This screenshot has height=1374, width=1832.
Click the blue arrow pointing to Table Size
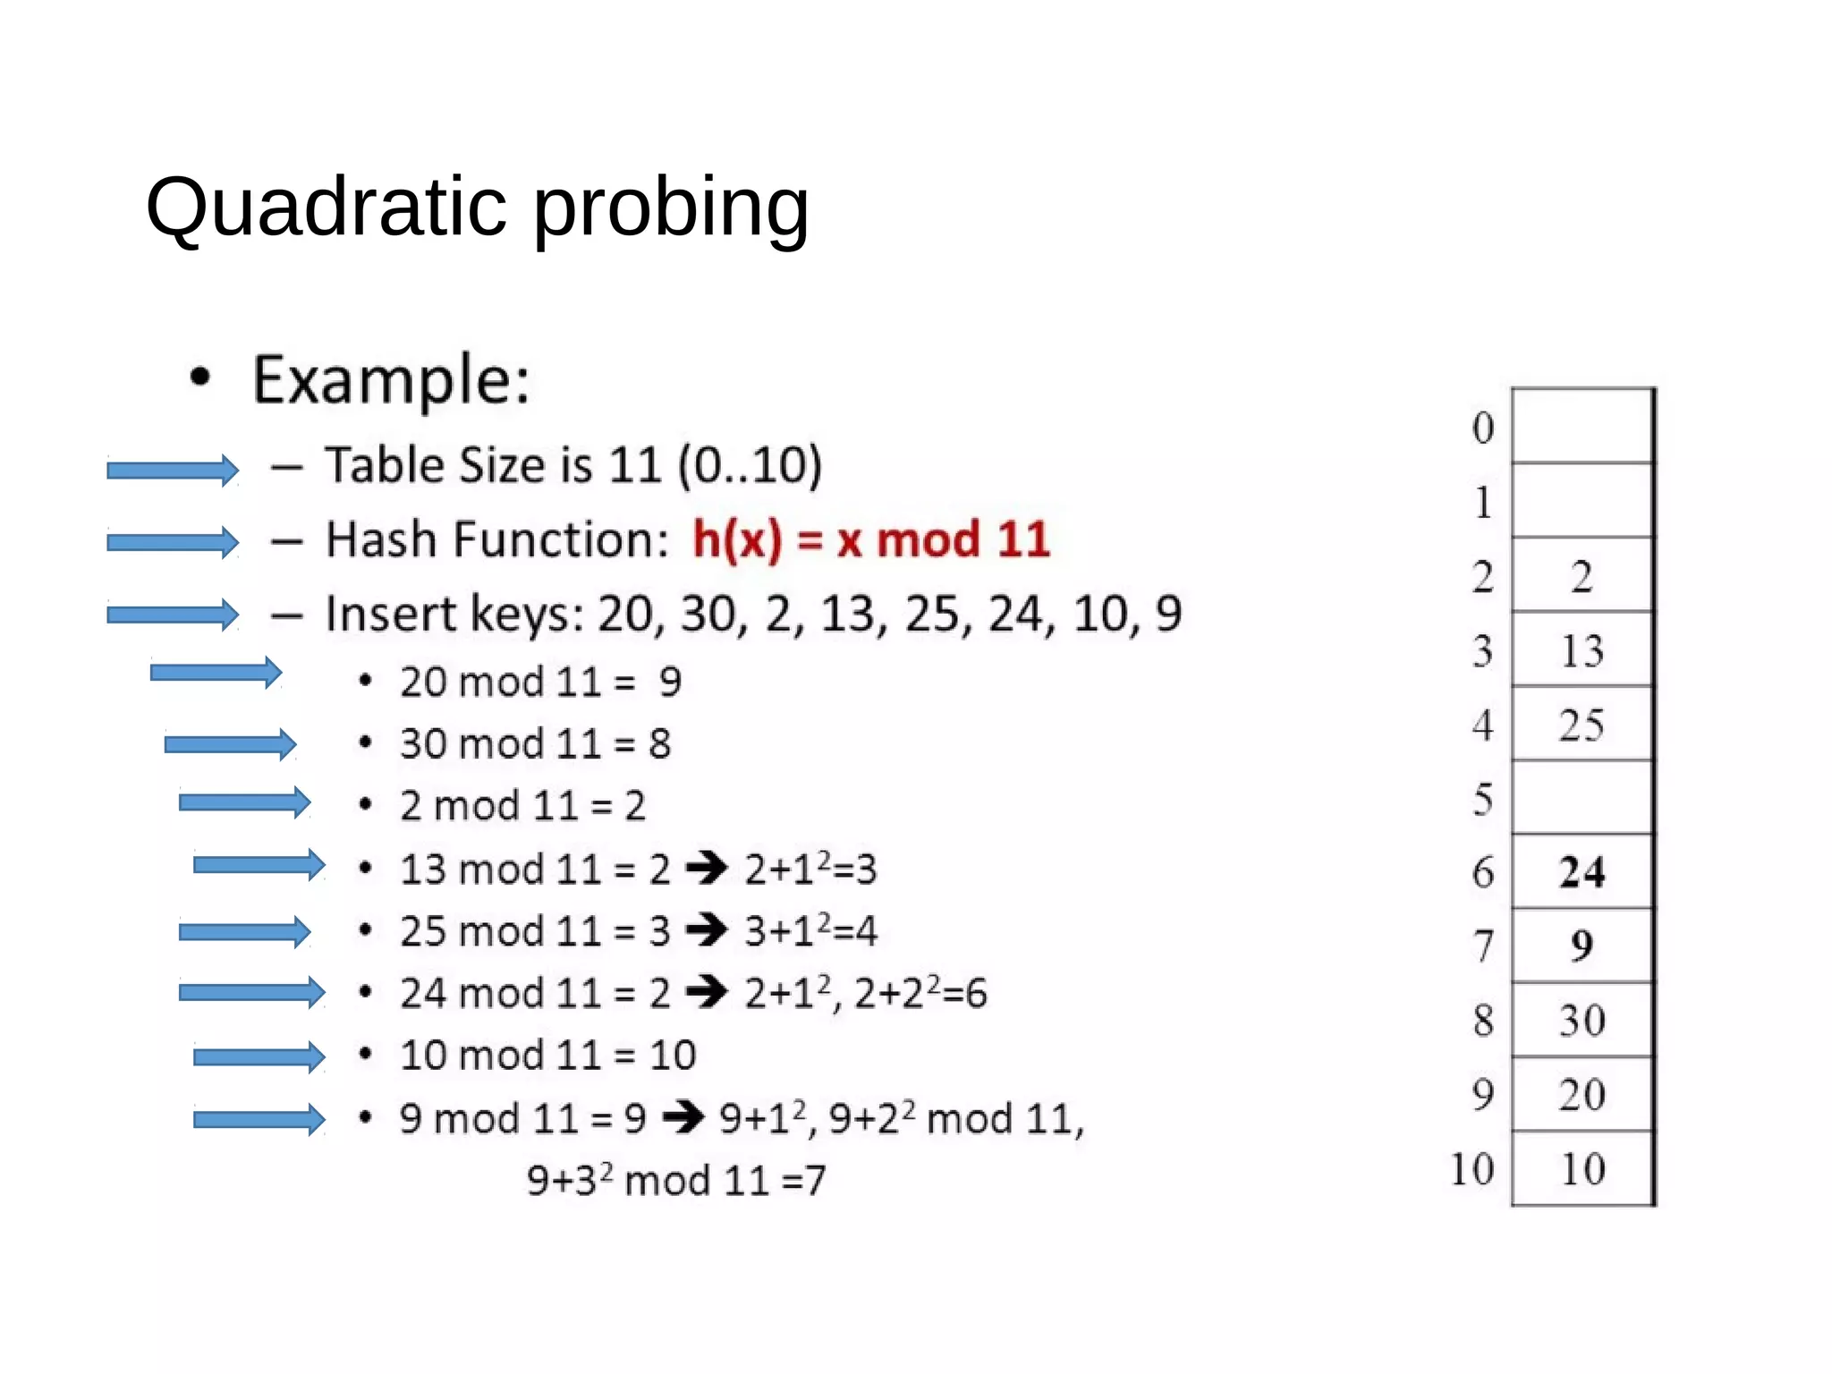pyautogui.click(x=173, y=470)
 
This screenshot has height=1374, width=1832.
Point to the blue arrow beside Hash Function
pyautogui.click(x=173, y=541)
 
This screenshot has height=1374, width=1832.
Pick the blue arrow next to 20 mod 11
pyautogui.click(x=216, y=673)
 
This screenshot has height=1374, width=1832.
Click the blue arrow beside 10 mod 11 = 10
pyautogui.click(x=259, y=1057)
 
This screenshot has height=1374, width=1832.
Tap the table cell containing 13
pyautogui.click(x=1582, y=650)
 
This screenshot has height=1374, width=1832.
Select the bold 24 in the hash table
pyautogui.click(x=1582, y=872)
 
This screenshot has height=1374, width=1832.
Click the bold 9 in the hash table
pyautogui.click(x=1582, y=946)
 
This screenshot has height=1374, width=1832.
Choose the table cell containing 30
pyautogui.click(x=1582, y=1021)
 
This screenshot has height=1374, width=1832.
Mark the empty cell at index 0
pyautogui.click(x=1582, y=427)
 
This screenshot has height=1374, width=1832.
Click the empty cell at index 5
pyautogui.click(x=1582, y=798)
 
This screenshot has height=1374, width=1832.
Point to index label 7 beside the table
pyautogui.click(x=1483, y=946)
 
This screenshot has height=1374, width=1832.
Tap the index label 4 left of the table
pyautogui.click(x=1483, y=725)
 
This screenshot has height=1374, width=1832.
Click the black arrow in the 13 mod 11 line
pyautogui.click(x=707, y=868)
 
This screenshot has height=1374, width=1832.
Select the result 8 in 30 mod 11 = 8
pyautogui.click(x=660, y=744)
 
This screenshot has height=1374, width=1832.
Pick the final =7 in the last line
pyautogui.click(x=803, y=1181)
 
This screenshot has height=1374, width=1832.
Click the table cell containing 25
pyautogui.click(x=1582, y=725)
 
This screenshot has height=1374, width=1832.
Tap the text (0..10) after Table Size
pyautogui.click(x=750, y=466)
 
